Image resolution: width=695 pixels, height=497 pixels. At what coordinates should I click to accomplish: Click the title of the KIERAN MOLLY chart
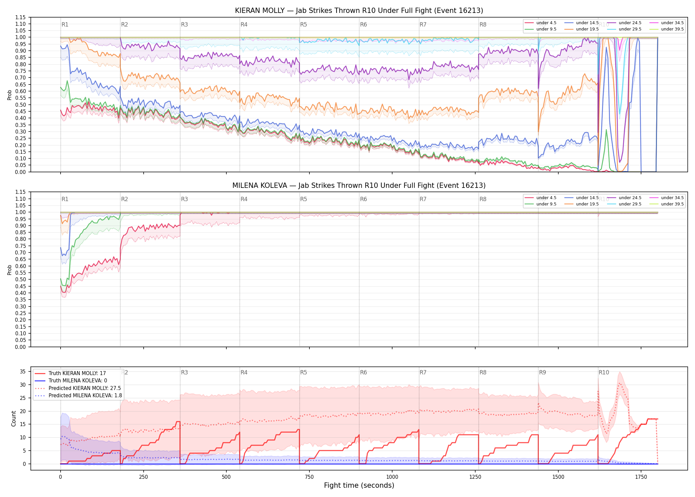(x=359, y=11)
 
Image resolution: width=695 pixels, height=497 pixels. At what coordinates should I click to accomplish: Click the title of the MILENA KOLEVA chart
(x=359, y=186)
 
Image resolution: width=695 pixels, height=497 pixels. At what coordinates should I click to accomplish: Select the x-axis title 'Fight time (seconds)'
(x=359, y=485)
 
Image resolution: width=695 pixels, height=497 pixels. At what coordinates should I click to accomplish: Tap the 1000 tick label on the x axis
(x=392, y=477)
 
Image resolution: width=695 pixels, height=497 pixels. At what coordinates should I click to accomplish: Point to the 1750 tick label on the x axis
(x=641, y=477)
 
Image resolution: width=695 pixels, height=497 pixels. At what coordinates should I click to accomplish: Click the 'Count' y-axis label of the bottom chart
(x=14, y=418)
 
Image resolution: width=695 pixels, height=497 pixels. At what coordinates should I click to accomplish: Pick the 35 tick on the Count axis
(x=23, y=371)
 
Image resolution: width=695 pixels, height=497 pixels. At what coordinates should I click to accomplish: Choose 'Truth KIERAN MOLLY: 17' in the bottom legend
(x=77, y=373)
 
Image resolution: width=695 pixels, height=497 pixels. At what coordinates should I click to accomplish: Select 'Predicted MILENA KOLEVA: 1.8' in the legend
(x=85, y=396)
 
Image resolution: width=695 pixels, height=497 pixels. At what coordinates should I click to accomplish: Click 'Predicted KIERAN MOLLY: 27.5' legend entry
(x=84, y=388)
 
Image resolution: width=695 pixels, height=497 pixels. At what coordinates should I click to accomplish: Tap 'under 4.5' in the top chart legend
(x=546, y=23)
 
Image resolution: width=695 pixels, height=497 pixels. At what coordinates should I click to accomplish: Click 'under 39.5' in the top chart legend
(x=672, y=29)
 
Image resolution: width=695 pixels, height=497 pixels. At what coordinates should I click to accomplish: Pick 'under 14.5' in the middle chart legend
(x=587, y=198)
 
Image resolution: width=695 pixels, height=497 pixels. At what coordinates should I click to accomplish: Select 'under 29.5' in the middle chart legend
(x=630, y=204)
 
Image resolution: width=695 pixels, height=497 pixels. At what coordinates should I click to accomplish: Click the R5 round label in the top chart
(x=303, y=25)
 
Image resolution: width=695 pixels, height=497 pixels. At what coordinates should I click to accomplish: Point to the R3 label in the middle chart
(x=184, y=199)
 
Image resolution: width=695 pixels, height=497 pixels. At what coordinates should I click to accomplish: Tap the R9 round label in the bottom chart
(x=542, y=372)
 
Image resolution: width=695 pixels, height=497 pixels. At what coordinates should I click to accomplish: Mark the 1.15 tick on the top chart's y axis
(x=21, y=17)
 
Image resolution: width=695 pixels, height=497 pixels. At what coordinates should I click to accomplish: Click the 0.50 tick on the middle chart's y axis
(x=21, y=279)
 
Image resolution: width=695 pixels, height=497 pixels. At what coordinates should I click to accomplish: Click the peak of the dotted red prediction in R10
(x=619, y=383)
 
